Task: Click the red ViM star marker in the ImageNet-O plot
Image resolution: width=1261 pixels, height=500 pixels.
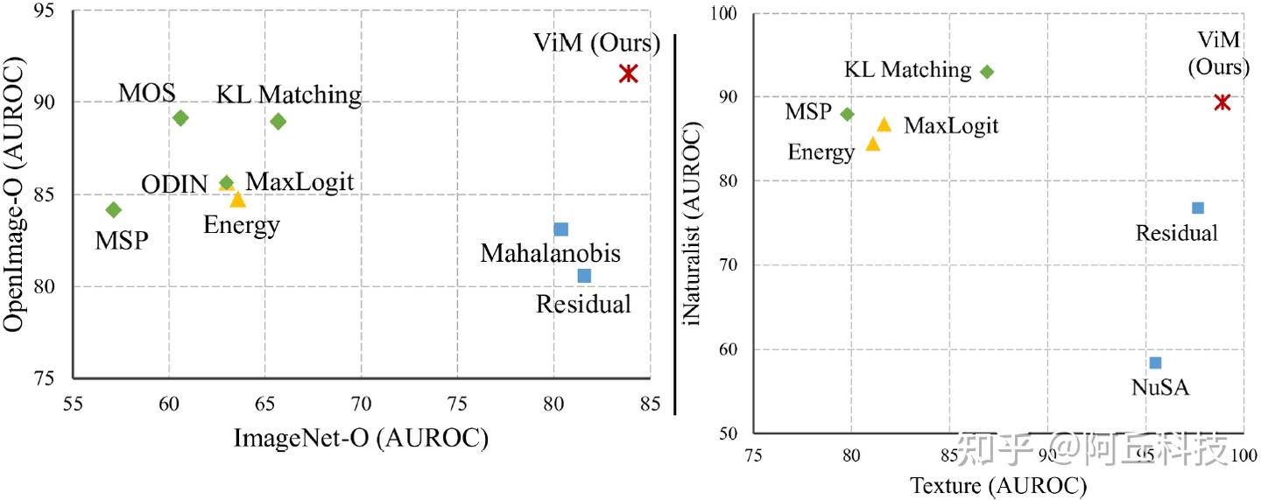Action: click(628, 74)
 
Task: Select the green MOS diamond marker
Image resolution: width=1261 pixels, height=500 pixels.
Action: click(180, 117)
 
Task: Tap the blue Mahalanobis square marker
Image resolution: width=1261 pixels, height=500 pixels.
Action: click(561, 229)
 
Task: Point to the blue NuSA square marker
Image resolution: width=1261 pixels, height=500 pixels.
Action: click(1155, 363)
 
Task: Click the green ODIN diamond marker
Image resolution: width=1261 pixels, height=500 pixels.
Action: click(227, 183)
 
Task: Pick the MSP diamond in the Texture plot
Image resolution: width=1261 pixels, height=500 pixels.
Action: click(847, 114)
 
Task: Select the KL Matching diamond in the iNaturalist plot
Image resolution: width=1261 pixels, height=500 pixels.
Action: click(987, 72)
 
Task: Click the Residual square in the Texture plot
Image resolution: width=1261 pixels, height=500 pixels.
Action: click(1198, 208)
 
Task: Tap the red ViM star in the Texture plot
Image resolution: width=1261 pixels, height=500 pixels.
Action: click(1222, 102)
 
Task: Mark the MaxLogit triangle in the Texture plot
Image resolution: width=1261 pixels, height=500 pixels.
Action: click(884, 124)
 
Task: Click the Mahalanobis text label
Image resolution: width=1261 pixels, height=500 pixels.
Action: click(550, 254)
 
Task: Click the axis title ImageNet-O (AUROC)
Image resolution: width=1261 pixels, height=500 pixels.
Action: click(360, 437)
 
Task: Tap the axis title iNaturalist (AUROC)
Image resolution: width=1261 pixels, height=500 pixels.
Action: click(694, 222)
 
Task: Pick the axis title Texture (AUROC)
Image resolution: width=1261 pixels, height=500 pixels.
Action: click(997, 483)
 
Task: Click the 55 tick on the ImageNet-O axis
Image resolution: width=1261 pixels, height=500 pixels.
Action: click(73, 404)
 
